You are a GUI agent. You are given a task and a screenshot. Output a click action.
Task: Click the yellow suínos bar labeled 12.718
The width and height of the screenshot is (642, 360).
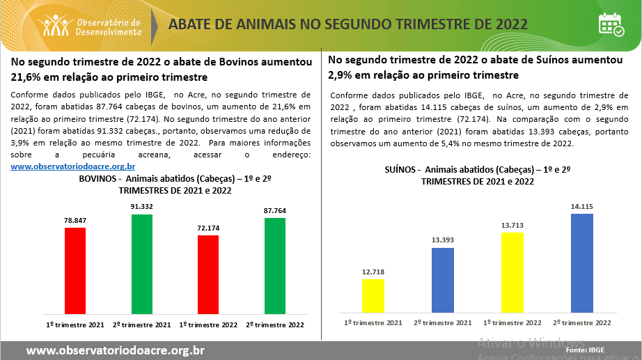(373, 295)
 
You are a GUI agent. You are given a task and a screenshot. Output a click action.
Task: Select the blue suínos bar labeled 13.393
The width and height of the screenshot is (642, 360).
(443, 279)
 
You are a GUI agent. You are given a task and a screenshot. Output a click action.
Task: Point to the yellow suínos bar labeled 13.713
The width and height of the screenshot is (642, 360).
(512, 272)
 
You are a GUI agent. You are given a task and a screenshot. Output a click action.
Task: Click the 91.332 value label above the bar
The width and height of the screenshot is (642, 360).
(142, 207)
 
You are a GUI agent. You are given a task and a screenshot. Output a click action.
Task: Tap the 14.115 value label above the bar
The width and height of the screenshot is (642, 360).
(581, 206)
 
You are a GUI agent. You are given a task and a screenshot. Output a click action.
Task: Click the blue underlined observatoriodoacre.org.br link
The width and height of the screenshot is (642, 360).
(73, 166)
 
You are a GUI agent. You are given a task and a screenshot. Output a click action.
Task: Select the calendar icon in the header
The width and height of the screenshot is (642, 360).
(611, 24)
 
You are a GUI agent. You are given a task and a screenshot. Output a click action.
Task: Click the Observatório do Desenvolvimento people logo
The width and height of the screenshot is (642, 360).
(56, 26)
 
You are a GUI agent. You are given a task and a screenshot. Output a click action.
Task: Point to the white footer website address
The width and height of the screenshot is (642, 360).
(115, 350)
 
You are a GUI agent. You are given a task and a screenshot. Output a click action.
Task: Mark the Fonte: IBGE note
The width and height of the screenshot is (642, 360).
(585, 350)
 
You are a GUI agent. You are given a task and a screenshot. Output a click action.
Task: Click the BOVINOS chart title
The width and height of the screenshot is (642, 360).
(174, 184)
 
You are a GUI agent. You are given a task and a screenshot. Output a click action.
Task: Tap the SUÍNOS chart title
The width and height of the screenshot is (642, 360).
(478, 175)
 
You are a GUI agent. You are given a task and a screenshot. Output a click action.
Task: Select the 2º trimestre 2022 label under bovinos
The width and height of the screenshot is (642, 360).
(275, 324)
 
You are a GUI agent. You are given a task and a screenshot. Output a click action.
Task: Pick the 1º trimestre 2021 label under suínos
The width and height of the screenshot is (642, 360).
(373, 322)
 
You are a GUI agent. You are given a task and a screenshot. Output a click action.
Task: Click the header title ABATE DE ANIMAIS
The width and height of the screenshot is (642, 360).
(348, 25)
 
